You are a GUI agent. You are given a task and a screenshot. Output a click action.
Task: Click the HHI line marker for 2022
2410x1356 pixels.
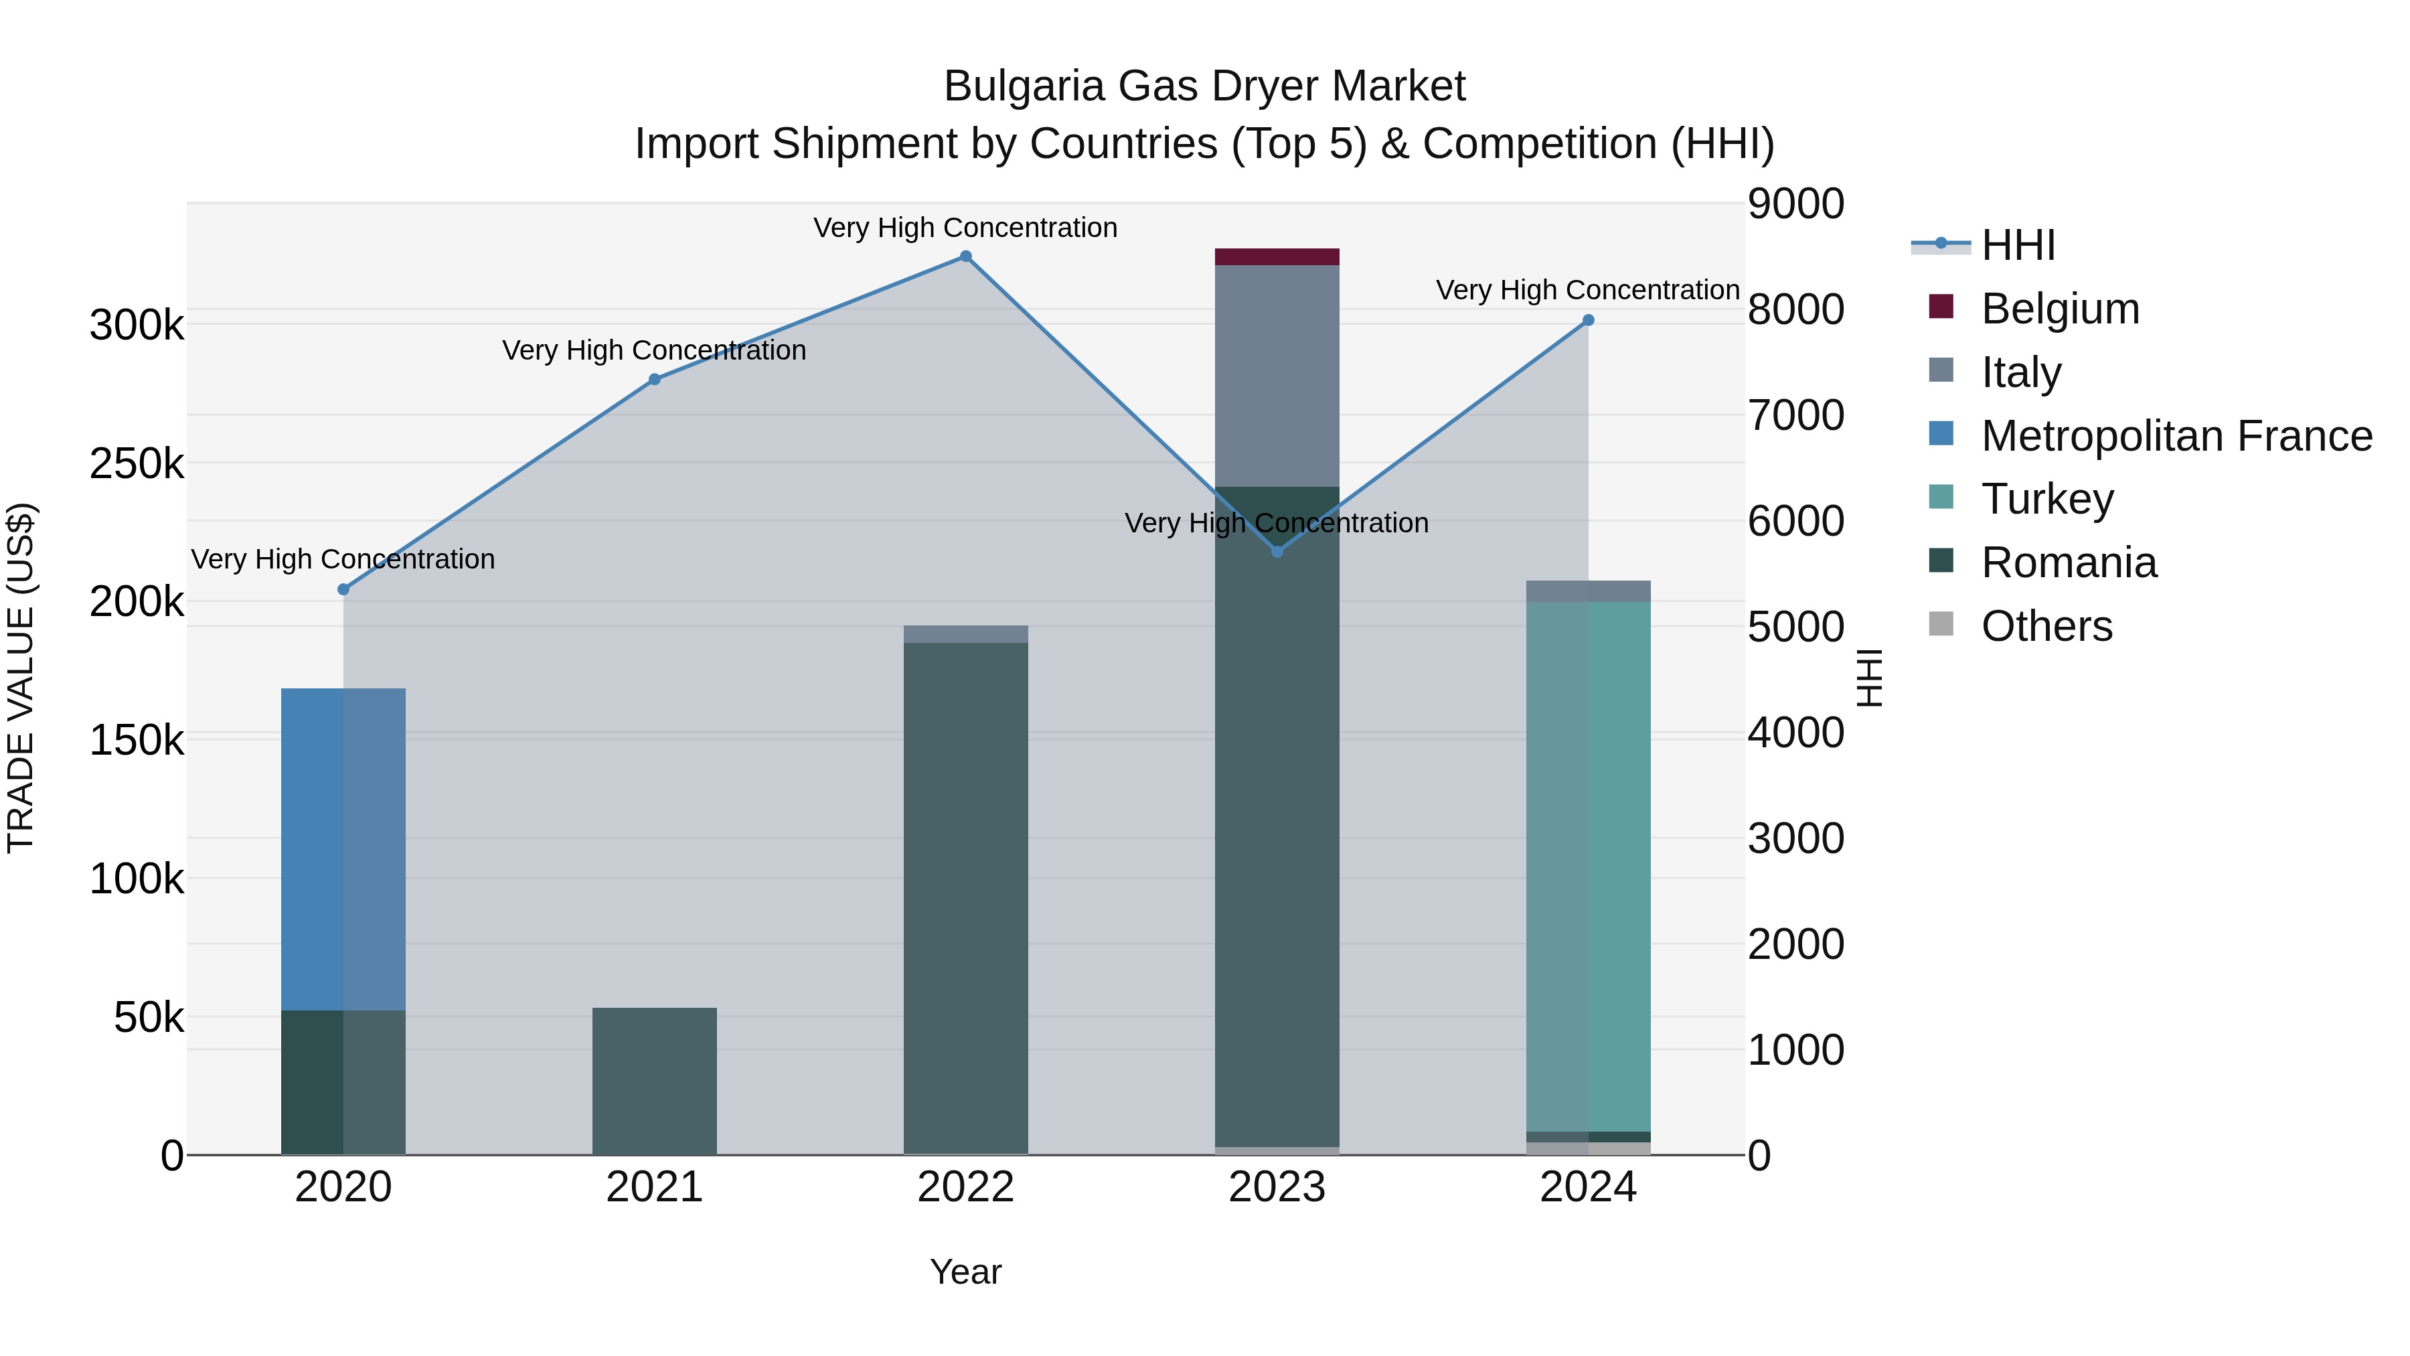tap(965, 256)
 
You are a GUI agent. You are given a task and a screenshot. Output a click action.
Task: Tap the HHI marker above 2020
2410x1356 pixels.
tap(343, 589)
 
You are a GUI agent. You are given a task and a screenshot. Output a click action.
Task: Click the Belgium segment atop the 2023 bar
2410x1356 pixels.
tap(1277, 256)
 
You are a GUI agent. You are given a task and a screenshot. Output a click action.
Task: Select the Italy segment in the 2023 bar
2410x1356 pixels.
tap(1277, 374)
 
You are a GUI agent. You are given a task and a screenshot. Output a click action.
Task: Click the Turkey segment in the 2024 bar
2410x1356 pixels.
tap(1588, 866)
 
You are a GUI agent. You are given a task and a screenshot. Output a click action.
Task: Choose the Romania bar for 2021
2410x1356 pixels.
tap(654, 1081)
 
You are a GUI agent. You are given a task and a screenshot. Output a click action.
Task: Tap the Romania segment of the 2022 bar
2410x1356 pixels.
tap(965, 899)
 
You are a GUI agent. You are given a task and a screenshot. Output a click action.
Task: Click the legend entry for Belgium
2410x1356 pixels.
tap(2059, 309)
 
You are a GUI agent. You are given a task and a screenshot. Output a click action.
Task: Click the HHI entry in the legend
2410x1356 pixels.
tap(2017, 245)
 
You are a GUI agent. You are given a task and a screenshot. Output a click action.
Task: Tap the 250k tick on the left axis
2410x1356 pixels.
tap(137, 464)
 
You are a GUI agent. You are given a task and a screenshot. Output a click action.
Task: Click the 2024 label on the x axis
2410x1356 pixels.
tap(1588, 1187)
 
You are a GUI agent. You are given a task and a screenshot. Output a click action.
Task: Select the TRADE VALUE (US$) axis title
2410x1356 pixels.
tap(21, 678)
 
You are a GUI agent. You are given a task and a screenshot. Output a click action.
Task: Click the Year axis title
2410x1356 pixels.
tap(965, 1272)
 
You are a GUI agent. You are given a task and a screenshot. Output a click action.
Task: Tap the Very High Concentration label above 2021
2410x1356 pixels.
tap(654, 350)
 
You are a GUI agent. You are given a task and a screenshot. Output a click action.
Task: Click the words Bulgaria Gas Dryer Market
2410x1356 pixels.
tap(1204, 86)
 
